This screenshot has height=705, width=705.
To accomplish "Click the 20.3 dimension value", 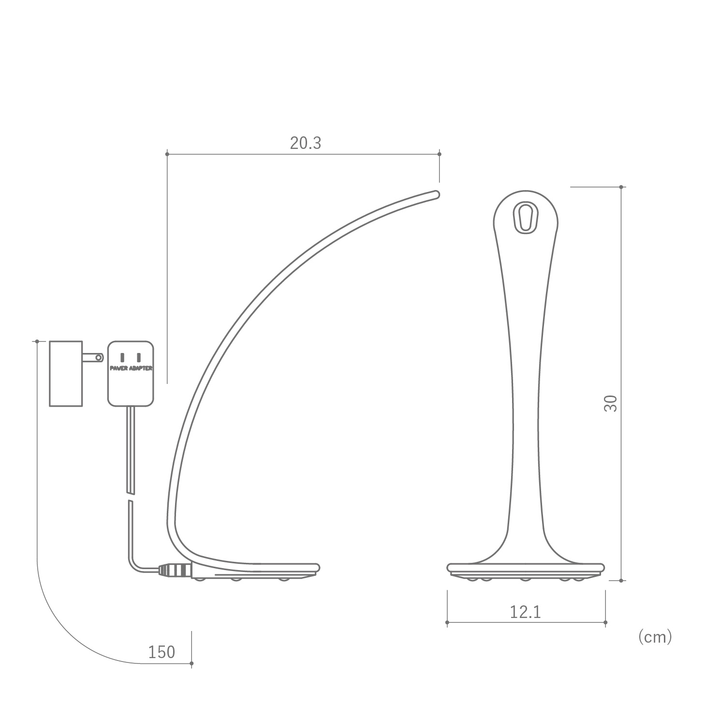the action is [x=306, y=143].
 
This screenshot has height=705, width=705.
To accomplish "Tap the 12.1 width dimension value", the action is [x=526, y=612].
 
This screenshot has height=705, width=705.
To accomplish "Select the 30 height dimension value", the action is [x=611, y=403].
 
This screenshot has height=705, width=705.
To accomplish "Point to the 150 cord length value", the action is [x=162, y=652].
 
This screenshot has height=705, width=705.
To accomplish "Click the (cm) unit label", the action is [x=655, y=637].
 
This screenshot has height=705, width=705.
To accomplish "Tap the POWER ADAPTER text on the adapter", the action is [x=131, y=368].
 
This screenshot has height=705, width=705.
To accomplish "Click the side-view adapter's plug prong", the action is [x=93, y=357].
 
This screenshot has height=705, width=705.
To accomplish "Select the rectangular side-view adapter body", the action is [x=66, y=374].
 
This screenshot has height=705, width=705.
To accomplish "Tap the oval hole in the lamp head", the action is [x=526, y=217].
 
